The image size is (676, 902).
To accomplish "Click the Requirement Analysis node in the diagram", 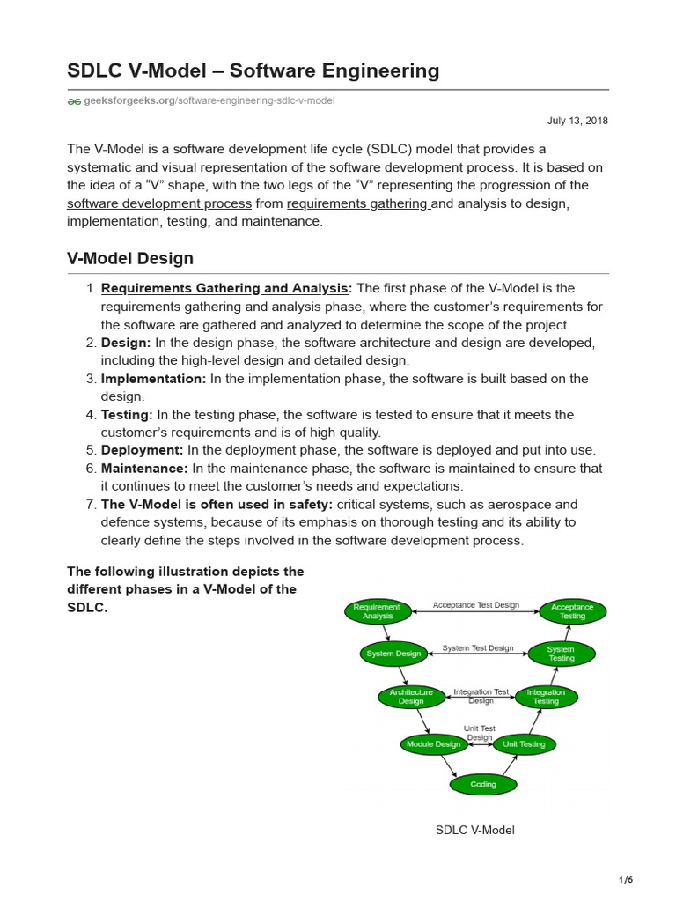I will pyautogui.click(x=376, y=611).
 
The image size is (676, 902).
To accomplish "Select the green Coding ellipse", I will pyautogui.click(x=482, y=784).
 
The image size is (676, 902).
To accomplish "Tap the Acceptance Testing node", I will pyautogui.click(x=572, y=611).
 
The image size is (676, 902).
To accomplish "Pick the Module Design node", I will pyautogui.click(x=433, y=744).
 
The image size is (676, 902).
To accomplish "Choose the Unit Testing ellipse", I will pyautogui.click(x=525, y=744).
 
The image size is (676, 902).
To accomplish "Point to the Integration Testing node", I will pyautogui.click(x=546, y=697).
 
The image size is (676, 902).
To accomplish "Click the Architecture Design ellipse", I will pyautogui.click(x=411, y=697).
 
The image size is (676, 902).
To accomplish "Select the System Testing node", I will pyautogui.click(x=561, y=654).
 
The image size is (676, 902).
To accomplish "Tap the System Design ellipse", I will pyautogui.click(x=393, y=654).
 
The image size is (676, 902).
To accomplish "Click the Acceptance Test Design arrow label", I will pyautogui.click(x=475, y=605).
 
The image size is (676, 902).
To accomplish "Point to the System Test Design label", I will pyautogui.click(x=477, y=648).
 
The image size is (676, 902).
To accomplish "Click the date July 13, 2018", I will pyautogui.click(x=577, y=121).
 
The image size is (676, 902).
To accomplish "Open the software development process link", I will pyautogui.click(x=159, y=203).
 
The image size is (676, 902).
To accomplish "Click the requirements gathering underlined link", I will pyautogui.click(x=357, y=203).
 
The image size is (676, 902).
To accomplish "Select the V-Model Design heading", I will pyautogui.click(x=130, y=259).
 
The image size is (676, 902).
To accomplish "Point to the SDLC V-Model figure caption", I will pyautogui.click(x=475, y=830).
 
